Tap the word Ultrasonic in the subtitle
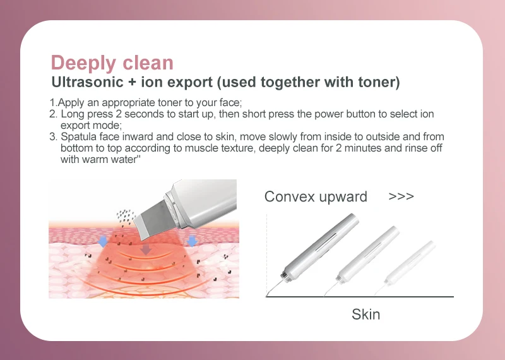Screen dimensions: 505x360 tap(87, 82)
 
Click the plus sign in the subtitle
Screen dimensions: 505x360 tap(132, 83)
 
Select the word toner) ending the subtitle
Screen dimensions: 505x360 tap(379, 82)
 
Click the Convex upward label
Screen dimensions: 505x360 tap(316, 196)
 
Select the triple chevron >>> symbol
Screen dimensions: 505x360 tap(401, 196)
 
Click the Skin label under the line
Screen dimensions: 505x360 tap(366, 315)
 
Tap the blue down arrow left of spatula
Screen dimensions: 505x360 tap(102, 241)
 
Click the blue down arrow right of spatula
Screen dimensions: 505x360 tap(192, 241)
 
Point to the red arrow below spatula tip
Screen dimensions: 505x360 tap(146, 249)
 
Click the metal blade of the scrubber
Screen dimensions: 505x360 tap(152, 219)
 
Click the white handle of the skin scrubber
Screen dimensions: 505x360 tap(201, 203)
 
